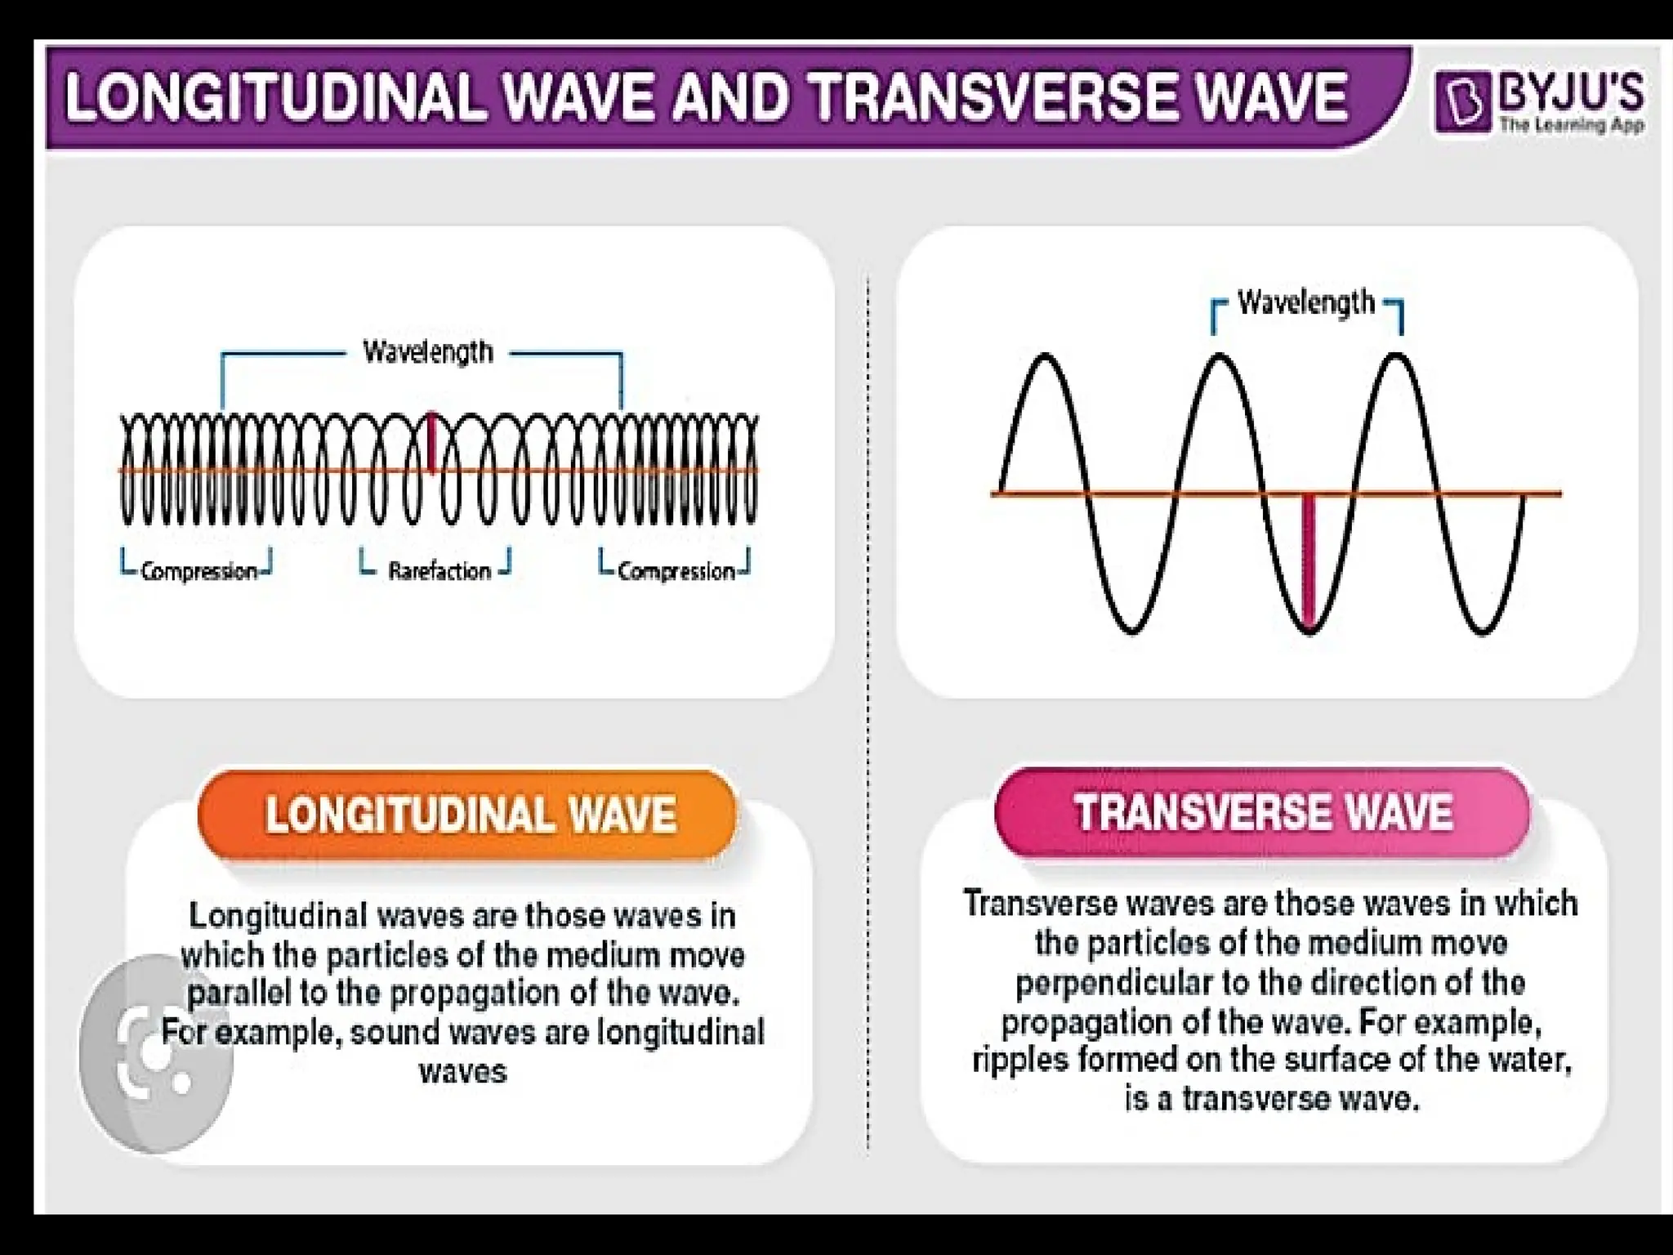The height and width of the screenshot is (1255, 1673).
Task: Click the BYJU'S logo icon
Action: [1463, 103]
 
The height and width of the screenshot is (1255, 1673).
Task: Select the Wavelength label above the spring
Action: [428, 353]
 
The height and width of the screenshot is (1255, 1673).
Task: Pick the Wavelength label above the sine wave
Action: [1306, 302]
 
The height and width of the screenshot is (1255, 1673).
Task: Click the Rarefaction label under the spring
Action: [439, 570]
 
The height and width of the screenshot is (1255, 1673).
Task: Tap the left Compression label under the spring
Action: [199, 571]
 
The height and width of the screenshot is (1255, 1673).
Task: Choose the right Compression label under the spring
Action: [676, 571]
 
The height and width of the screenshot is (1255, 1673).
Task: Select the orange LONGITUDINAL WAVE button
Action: [469, 815]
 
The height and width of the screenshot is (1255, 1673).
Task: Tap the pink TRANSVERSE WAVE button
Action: [1263, 812]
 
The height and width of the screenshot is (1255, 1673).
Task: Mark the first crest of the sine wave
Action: [1045, 357]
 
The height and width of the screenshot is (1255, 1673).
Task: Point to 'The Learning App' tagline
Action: [1571, 125]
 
